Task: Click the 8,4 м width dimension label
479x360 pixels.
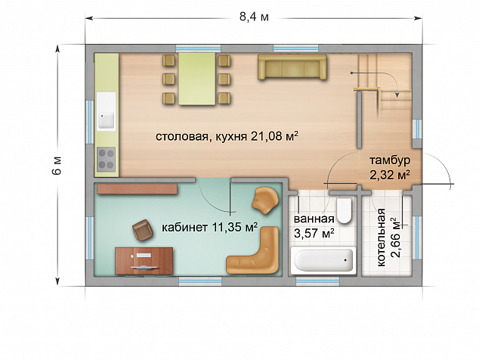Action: [254, 17]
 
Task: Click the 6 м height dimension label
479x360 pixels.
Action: [57, 166]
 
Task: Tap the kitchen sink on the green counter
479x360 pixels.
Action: [106, 120]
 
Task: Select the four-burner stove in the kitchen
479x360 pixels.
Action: [106, 160]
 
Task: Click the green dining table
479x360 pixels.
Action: [197, 79]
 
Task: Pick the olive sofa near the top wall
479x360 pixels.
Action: [292, 67]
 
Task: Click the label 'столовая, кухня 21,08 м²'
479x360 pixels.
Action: [227, 136]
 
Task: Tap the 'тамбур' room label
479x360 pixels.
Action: [390, 160]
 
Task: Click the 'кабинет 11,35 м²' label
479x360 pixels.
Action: [209, 228]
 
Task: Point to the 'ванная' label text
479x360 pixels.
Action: [314, 219]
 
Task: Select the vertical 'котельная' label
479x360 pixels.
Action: [381, 237]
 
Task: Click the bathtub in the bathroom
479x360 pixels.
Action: [323, 260]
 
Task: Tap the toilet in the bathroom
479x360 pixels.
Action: [345, 210]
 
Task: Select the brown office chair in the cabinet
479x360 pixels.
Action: [142, 230]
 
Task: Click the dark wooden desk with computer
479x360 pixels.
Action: [144, 261]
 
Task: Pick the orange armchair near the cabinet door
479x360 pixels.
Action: [265, 200]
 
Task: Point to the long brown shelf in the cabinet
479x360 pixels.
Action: [138, 189]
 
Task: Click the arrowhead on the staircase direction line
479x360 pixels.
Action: [397, 95]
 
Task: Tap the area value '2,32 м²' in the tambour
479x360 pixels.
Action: [390, 175]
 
